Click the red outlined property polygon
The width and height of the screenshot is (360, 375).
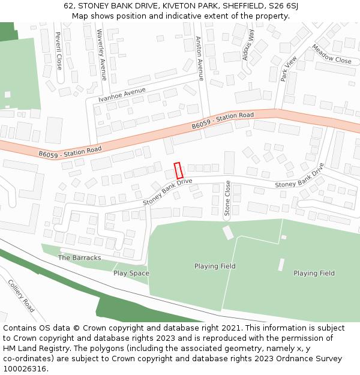coord(178,170)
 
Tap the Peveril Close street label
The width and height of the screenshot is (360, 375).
coord(58,50)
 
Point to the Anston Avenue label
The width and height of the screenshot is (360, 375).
coord(200,58)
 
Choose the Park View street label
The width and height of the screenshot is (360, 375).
coord(289,68)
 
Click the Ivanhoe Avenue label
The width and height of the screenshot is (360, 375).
coord(122,94)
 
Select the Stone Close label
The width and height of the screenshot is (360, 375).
coord(227,199)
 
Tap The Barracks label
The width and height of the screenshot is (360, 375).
coord(79,258)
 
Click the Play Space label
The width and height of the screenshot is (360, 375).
coord(131,274)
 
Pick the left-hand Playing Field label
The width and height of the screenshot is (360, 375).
coord(214,266)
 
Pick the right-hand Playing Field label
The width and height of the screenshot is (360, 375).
coord(314,274)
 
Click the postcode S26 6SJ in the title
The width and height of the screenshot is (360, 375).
coord(284,6)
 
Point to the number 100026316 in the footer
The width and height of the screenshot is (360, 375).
coord(23,369)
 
